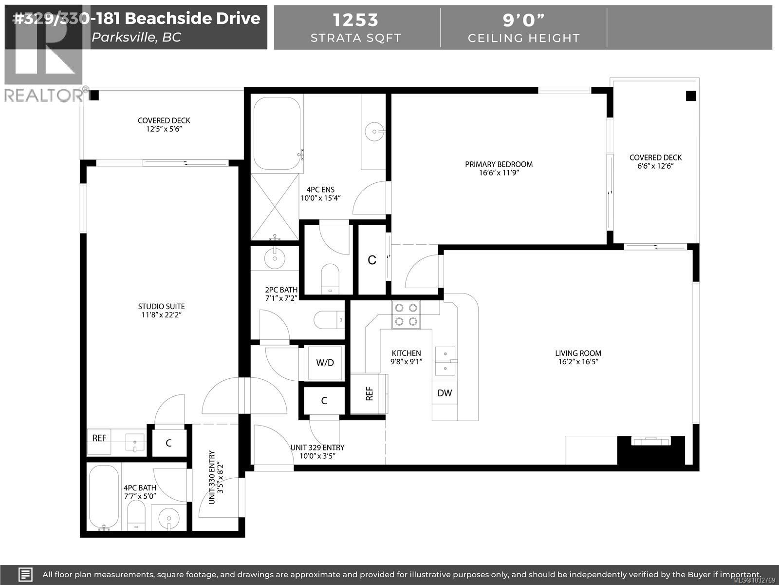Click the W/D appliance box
click(x=325, y=363)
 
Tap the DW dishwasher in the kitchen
click(x=445, y=393)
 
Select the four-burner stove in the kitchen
click(x=406, y=314)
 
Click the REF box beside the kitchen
click(x=369, y=393)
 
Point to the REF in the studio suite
click(x=99, y=438)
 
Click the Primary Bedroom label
click(x=499, y=164)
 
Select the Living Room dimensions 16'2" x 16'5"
click(x=578, y=362)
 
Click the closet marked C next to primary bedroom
click(x=372, y=260)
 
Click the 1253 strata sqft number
click(x=355, y=20)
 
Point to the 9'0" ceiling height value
click(x=523, y=20)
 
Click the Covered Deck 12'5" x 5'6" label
click(x=164, y=125)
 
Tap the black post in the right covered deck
click(x=691, y=96)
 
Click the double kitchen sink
click(x=445, y=361)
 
